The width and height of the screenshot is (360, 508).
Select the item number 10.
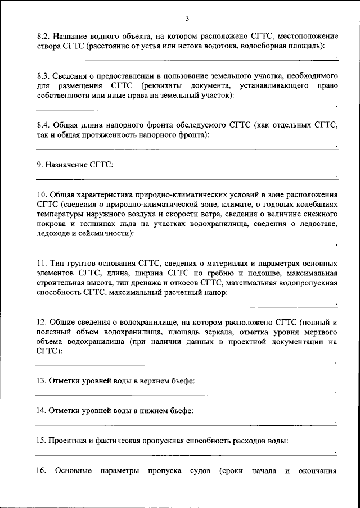point(42,194)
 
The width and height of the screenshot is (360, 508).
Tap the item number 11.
point(40,264)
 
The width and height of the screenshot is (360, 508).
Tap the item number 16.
point(40,471)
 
